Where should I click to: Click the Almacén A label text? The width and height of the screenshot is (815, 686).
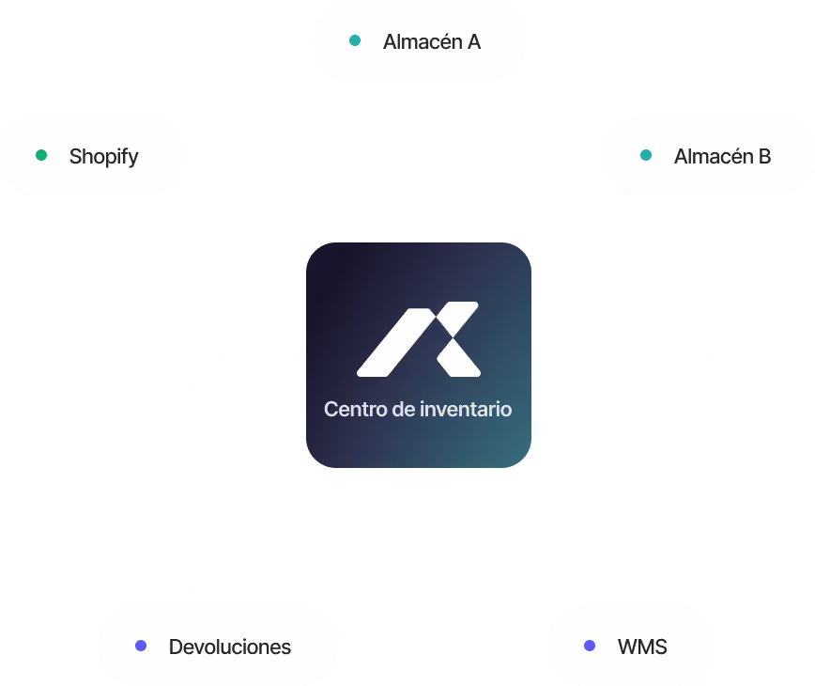pyautogui.click(x=432, y=42)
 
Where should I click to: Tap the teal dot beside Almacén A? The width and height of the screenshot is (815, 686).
pyautogui.click(x=355, y=40)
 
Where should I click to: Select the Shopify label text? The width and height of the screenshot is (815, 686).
pyautogui.click(x=104, y=157)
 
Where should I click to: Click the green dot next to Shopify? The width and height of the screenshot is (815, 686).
pyautogui.click(x=41, y=155)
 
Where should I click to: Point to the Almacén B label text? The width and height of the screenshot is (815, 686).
pyautogui.click(x=722, y=157)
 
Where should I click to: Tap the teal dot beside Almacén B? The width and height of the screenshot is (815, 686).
pyautogui.click(x=646, y=155)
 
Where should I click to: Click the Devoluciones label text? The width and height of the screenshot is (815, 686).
pyautogui.click(x=230, y=647)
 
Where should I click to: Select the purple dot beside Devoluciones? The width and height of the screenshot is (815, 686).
pyautogui.click(x=141, y=646)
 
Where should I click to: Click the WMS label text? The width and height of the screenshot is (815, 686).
pyautogui.click(x=642, y=647)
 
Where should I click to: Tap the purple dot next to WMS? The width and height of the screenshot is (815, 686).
pyautogui.click(x=590, y=646)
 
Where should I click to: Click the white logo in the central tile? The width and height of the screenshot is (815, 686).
pyautogui.click(x=419, y=339)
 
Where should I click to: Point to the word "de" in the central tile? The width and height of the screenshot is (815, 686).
pyautogui.click(x=404, y=410)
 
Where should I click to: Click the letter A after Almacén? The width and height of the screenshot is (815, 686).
pyautogui.click(x=473, y=42)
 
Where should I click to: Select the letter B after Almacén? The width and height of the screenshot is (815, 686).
pyautogui.click(x=764, y=157)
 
